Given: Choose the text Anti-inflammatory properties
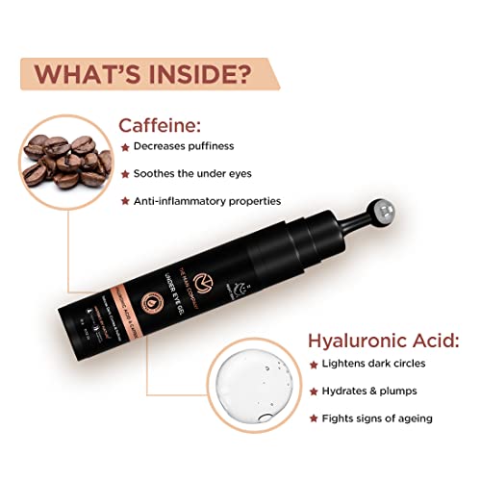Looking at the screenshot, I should [207, 201].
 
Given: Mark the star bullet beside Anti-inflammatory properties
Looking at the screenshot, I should [124, 201].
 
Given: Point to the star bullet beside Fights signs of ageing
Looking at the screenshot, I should [314, 418].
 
